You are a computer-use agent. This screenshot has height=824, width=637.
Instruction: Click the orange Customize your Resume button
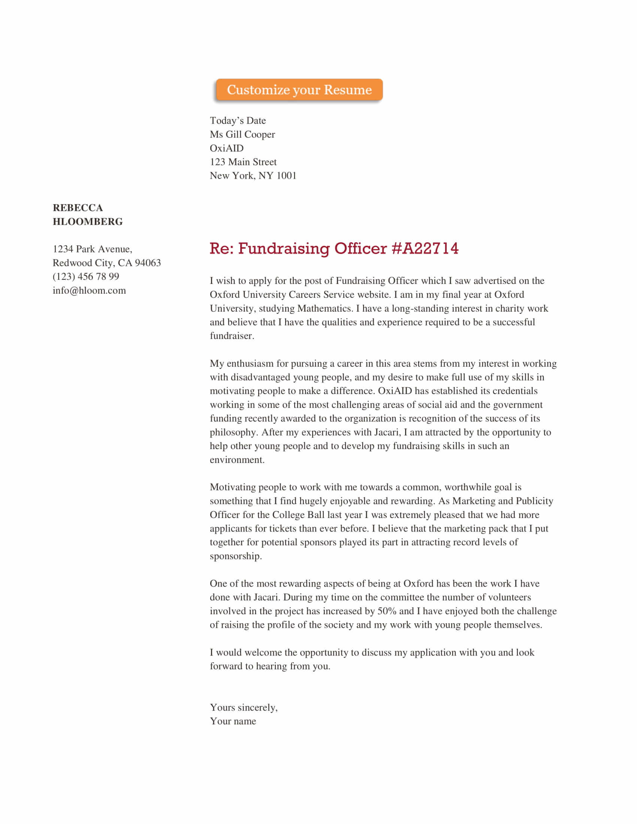pyautogui.click(x=299, y=90)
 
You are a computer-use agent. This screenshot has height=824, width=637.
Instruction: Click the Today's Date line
pyautogui.click(x=238, y=121)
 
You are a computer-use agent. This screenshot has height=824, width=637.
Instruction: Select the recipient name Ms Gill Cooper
pyautogui.click(x=242, y=134)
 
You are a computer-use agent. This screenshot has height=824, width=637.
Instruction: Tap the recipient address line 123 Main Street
pyautogui.click(x=243, y=162)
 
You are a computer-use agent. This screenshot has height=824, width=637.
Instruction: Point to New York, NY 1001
pyautogui.click(x=253, y=176)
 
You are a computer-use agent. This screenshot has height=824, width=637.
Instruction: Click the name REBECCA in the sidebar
pyautogui.click(x=78, y=208)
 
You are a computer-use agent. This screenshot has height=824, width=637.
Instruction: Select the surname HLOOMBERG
pyautogui.click(x=88, y=222)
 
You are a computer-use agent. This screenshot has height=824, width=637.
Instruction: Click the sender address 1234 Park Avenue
pyautogui.click(x=92, y=249)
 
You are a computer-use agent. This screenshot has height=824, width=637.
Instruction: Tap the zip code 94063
pyautogui.click(x=148, y=263)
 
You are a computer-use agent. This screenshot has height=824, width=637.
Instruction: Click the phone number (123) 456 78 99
pyautogui.click(x=86, y=276)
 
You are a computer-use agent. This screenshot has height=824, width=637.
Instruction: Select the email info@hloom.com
pyautogui.click(x=89, y=291)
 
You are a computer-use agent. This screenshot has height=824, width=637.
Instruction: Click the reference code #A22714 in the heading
pyautogui.click(x=425, y=248)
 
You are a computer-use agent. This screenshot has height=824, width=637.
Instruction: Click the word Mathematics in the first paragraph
pyautogui.click(x=325, y=309)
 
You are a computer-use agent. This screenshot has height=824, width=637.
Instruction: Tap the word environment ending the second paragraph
pyautogui.click(x=236, y=460)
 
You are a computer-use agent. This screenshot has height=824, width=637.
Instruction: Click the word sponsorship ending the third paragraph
pyautogui.click(x=235, y=556)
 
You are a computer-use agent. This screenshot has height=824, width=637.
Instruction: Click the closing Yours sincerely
pyautogui.click(x=244, y=708)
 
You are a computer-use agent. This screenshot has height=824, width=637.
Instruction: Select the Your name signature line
pyautogui.click(x=233, y=721)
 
